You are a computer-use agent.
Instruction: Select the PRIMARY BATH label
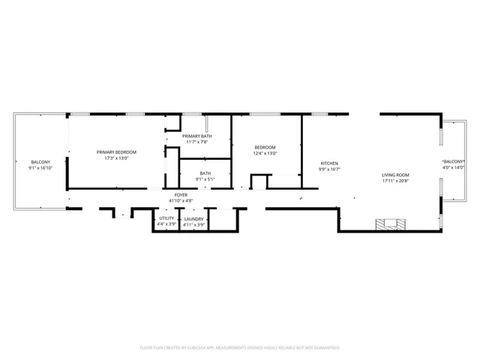click(196, 136)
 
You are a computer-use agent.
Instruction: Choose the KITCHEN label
click(329, 163)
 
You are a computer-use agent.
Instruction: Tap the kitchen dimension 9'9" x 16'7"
click(329, 169)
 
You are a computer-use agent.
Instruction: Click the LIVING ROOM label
click(395, 175)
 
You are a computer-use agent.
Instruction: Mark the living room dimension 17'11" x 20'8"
click(395, 181)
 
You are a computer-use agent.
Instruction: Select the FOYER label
click(181, 195)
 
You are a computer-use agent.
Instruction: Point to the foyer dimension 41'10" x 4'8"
click(181, 201)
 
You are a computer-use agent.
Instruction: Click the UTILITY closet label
click(166, 218)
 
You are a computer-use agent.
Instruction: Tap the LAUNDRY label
click(193, 218)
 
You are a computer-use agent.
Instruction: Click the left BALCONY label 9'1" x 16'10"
click(40, 163)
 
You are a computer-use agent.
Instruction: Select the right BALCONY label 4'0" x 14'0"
click(454, 162)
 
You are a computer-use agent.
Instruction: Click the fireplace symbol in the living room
click(393, 223)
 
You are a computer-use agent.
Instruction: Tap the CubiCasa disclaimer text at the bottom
click(240, 347)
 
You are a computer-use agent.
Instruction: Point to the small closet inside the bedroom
click(259, 181)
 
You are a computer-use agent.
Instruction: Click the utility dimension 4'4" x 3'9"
click(166, 224)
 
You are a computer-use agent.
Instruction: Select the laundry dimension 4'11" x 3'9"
click(193, 224)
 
